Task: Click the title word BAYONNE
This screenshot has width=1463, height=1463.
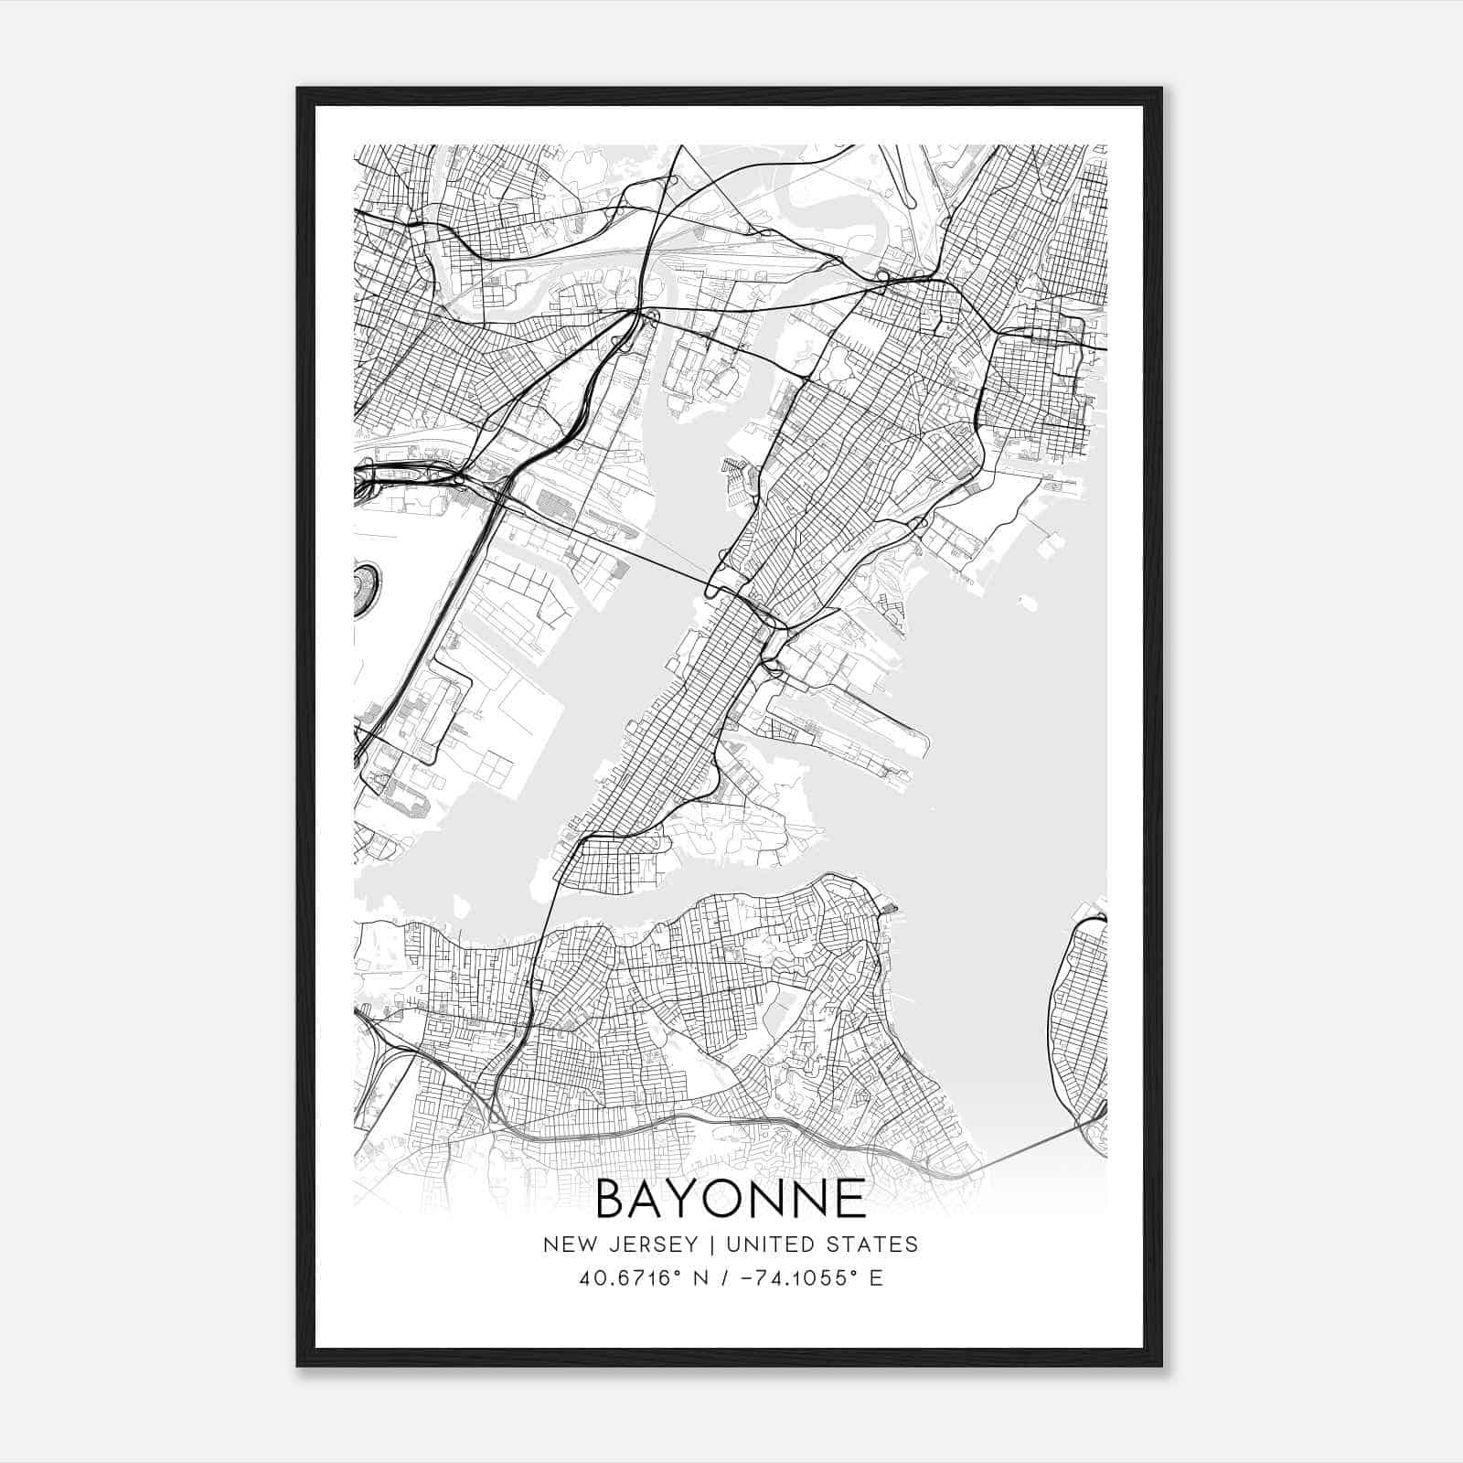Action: pyautogui.click(x=731, y=1200)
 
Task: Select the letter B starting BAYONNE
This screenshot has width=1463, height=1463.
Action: pyautogui.click(x=613, y=1200)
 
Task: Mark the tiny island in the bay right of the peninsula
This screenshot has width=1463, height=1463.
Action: pyautogui.click(x=1029, y=603)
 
